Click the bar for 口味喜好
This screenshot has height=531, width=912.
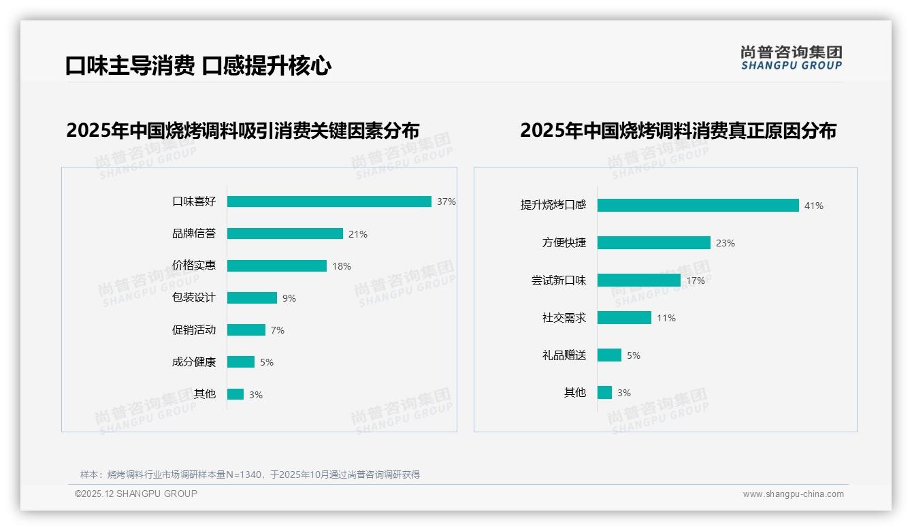(x=329, y=202)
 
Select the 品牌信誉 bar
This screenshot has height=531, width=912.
(x=285, y=234)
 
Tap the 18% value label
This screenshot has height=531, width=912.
(x=342, y=266)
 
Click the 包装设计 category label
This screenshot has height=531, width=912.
(x=194, y=297)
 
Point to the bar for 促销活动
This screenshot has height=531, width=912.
(x=246, y=330)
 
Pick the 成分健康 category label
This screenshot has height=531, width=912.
(x=194, y=362)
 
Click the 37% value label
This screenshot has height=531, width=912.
(x=446, y=202)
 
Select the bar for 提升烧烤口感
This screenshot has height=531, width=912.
(x=698, y=206)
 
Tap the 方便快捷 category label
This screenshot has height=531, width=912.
(x=564, y=243)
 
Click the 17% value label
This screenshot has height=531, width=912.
(x=696, y=280)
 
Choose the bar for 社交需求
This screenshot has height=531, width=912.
(x=625, y=318)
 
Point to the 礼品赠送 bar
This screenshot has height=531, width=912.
(x=610, y=355)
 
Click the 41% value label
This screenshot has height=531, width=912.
(x=814, y=206)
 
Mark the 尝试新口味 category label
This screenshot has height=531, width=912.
(x=559, y=280)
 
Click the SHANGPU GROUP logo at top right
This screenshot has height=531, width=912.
(x=792, y=58)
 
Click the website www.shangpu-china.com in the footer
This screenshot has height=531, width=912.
(x=794, y=494)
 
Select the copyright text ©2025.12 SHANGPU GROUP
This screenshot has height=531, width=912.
(x=136, y=494)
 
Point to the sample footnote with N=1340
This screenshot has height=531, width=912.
(x=250, y=474)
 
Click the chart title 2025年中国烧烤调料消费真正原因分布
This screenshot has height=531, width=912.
(x=678, y=131)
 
